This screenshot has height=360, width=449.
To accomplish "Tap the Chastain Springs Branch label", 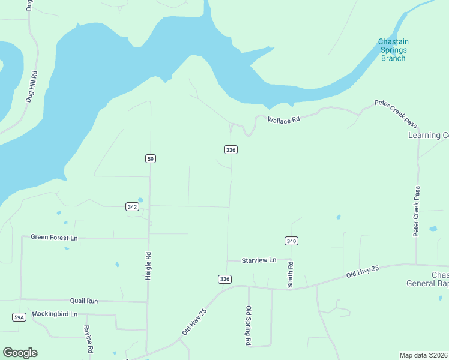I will [393, 50].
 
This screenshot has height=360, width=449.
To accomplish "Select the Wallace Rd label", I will [283, 120].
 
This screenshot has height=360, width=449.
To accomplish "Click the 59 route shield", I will [151, 158].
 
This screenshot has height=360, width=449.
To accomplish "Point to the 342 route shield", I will [133, 206].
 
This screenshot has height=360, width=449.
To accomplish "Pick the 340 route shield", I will [291, 241].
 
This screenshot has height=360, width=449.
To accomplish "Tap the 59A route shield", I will [19, 317].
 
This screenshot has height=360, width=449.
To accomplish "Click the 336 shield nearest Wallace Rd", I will [230, 149].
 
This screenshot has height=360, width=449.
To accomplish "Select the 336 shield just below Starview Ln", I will [224, 279].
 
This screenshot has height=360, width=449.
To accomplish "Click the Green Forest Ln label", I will [54, 238].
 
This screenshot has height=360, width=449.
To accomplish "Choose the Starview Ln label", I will [259, 260].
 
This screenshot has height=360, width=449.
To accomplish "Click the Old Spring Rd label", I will [249, 326].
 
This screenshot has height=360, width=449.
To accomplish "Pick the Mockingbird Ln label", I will [55, 314].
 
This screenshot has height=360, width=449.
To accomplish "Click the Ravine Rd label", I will [89, 339].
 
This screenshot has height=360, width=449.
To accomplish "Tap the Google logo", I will [20, 353].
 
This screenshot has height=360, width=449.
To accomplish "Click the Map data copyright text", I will [424, 355].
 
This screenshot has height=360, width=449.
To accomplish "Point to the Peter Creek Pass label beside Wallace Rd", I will [396, 113].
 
